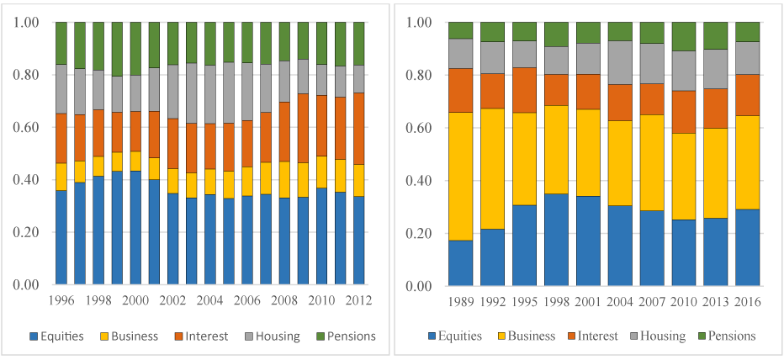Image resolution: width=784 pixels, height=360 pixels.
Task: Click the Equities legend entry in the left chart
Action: pos(56,336)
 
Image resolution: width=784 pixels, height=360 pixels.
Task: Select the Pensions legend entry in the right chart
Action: pos(725,336)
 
